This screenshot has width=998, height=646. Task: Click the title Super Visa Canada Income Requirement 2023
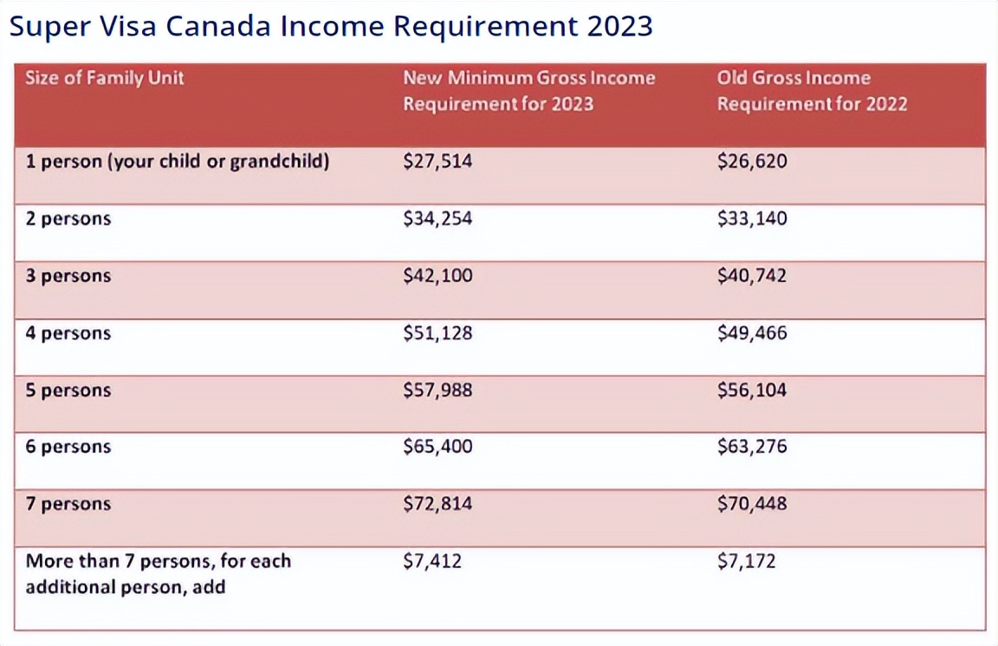(331, 26)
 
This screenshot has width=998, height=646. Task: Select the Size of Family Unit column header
(105, 78)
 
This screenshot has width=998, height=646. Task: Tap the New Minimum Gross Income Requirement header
(528, 91)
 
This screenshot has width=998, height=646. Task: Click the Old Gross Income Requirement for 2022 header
(812, 91)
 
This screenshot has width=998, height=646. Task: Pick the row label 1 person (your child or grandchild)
(177, 162)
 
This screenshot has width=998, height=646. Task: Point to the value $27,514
(437, 162)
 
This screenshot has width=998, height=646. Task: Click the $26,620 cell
(752, 162)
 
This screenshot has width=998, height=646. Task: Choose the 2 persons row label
(68, 219)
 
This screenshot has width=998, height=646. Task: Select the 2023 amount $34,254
(437, 219)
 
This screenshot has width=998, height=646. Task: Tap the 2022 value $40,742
(752, 276)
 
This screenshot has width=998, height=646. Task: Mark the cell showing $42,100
(437, 276)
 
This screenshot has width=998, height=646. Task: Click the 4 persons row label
(68, 333)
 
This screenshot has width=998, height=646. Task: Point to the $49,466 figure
(752, 333)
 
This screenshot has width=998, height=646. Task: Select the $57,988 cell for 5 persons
(437, 391)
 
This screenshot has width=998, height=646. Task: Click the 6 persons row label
(68, 448)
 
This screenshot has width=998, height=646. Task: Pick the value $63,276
(752, 448)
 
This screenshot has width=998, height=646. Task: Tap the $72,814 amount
(437, 504)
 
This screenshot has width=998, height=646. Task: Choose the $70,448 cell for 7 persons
(752, 504)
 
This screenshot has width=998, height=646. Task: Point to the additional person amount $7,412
(432, 562)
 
